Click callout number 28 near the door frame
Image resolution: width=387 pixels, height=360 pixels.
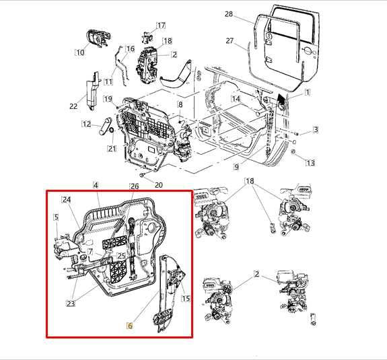(228, 14)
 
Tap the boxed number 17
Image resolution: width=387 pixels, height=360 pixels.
(160, 26)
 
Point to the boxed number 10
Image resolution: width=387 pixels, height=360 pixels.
(80, 52)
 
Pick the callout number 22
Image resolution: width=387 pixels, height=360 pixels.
(73, 106)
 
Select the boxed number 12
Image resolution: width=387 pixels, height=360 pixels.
(86, 124)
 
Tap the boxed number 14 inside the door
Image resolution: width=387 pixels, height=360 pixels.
(236, 98)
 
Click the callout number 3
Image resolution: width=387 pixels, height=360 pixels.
(315, 129)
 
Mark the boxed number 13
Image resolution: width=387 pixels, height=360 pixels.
(310, 163)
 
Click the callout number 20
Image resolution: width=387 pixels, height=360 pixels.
(159, 185)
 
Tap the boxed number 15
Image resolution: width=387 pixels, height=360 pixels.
(186, 298)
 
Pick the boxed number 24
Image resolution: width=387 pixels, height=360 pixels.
(66, 200)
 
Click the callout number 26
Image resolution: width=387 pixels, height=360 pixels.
(134, 186)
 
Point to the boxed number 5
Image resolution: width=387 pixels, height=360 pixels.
(57, 217)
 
